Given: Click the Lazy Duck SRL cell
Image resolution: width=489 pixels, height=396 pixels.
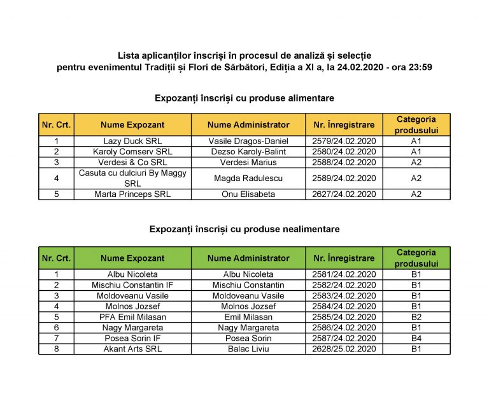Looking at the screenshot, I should click(132, 141).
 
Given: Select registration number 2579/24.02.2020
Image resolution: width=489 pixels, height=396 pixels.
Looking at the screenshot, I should click(344, 141).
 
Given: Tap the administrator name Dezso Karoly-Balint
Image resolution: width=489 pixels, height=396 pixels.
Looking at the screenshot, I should click(248, 152).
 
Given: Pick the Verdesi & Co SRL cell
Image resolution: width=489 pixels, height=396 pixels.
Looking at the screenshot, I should click(132, 163).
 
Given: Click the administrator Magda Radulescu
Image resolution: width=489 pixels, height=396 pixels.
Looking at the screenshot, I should click(248, 179).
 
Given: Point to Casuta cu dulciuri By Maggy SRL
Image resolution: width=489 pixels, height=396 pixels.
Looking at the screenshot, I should click(132, 179).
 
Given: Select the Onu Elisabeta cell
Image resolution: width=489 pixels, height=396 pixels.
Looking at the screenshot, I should click(248, 194).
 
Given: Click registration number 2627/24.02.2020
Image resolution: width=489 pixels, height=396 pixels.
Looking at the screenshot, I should click(344, 194).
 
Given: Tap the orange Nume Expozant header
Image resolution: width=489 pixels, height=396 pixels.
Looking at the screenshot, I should click(132, 125).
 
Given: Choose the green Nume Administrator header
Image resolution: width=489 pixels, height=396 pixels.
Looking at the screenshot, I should click(248, 258).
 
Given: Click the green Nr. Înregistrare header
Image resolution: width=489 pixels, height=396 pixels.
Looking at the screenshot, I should click(344, 258).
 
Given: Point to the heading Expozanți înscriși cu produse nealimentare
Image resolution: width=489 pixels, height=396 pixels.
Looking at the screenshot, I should click(244, 228).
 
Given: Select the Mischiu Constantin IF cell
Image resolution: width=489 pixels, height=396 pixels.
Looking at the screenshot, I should click(132, 285).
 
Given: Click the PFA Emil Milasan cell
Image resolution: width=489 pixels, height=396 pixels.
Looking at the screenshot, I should click(132, 317).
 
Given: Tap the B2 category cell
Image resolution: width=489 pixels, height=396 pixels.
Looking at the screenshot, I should click(416, 317).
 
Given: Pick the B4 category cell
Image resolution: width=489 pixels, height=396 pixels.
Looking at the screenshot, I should click(416, 339).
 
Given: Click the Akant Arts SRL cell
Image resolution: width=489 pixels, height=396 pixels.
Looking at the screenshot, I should click(132, 349).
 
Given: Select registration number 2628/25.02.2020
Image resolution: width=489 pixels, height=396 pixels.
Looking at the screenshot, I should click(344, 349).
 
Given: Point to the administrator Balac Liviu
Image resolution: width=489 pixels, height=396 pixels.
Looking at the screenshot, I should click(248, 349).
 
